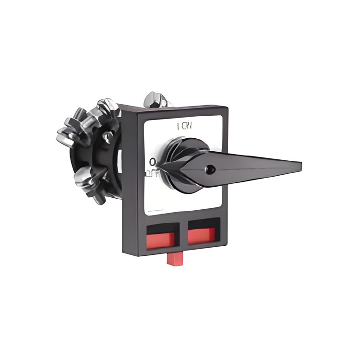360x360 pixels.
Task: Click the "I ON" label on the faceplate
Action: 185,127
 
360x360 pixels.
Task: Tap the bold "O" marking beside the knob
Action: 152,161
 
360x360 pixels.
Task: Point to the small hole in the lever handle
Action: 210,169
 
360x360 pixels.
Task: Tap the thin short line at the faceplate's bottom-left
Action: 156,210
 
